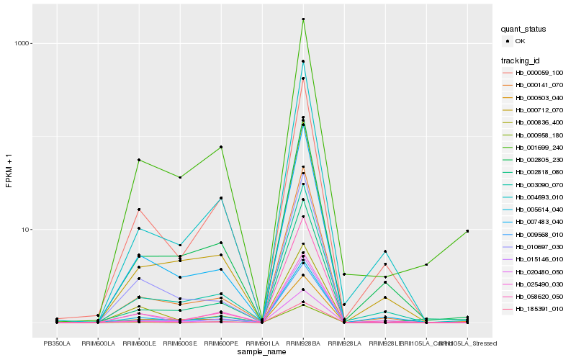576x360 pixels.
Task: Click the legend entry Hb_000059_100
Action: point(539,73)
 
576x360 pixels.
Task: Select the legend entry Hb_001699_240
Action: point(539,148)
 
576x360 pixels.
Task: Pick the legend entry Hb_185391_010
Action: point(539,309)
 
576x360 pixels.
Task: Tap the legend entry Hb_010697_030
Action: point(539,246)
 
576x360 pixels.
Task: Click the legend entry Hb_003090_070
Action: point(539,184)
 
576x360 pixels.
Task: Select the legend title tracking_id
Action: point(521,60)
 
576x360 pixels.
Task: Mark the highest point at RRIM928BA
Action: point(303,19)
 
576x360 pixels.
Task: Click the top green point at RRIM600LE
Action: point(139,160)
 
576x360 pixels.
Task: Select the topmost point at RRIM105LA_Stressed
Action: point(467,231)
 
